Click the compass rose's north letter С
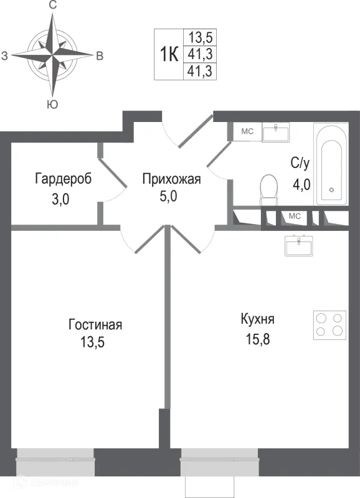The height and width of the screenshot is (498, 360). pyautogui.click(x=53, y=6)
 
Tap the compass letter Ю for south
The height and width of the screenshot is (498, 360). pyautogui.click(x=53, y=105)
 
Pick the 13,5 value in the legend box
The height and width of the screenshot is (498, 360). pyautogui.click(x=201, y=36)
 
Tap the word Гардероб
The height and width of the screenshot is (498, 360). pyautogui.click(x=64, y=179)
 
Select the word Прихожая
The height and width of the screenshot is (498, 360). pyautogui.click(x=171, y=180)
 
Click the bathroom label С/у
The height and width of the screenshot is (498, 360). pyautogui.click(x=300, y=164)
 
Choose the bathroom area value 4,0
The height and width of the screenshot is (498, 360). pyautogui.click(x=301, y=185)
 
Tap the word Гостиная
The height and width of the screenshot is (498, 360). pyautogui.click(x=95, y=325)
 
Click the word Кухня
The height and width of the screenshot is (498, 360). pyautogui.click(x=257, y=319)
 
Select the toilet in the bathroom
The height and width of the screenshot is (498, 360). pyautogui.click(x=269, y=189)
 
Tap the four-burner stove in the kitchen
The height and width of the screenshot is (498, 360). pyautogui.click(x=329, y=324)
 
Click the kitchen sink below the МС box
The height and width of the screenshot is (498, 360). pyautogui.click(x=301, y=246)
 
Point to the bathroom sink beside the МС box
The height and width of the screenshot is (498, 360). pyautogui.click(x=275, y=132)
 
